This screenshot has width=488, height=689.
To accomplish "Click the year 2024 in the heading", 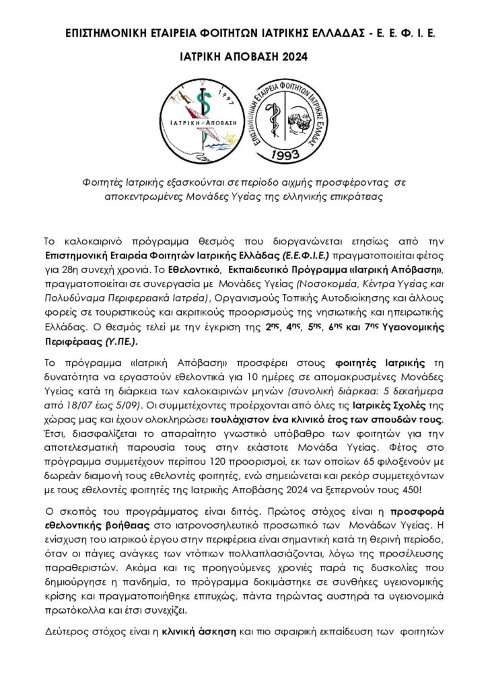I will pos(292,57).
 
